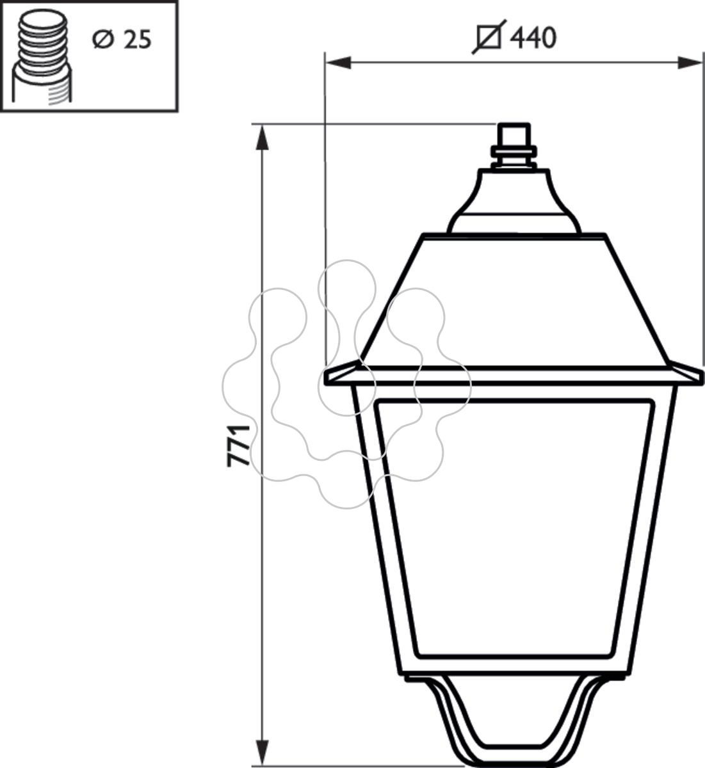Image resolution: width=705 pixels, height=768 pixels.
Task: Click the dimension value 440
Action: pyautogui.click(x=534, y=38)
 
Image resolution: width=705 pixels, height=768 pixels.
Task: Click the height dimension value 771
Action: pyautogui.click(x=238, y=445)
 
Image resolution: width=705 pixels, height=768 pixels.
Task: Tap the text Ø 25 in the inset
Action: pyautogui.click(x=122, y=39)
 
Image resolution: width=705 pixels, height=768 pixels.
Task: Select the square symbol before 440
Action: pyautogui.click(x=489, y=38)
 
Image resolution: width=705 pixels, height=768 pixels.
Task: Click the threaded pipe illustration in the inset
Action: pyautogui.click(x=42, y=58)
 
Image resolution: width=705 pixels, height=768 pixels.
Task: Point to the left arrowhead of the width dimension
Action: pyautogui.click(x=338, y=63)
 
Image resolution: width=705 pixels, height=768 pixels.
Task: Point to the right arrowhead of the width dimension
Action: pyautogui.click(x=690, y=63)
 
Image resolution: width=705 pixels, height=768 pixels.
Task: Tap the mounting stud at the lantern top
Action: pyautogui.click(x=514, y=145)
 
